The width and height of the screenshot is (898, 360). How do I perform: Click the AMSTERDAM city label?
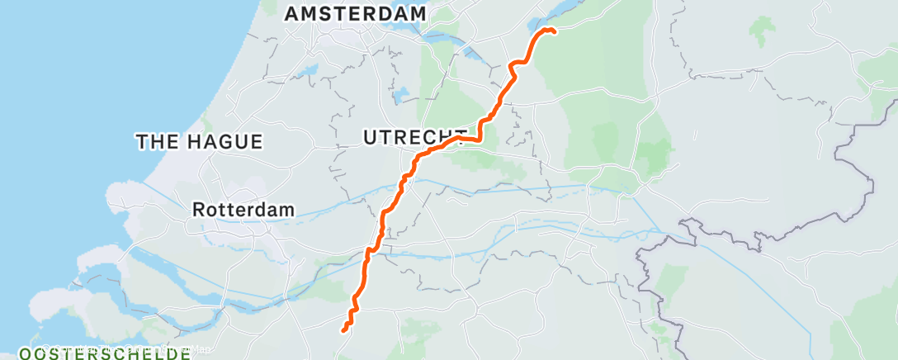355,14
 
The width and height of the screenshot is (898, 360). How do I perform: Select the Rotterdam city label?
243,210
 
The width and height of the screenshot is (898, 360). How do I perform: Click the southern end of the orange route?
343,331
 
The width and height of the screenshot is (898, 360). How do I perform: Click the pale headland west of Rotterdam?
124,198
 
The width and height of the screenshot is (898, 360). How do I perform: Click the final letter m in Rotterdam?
287,210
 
